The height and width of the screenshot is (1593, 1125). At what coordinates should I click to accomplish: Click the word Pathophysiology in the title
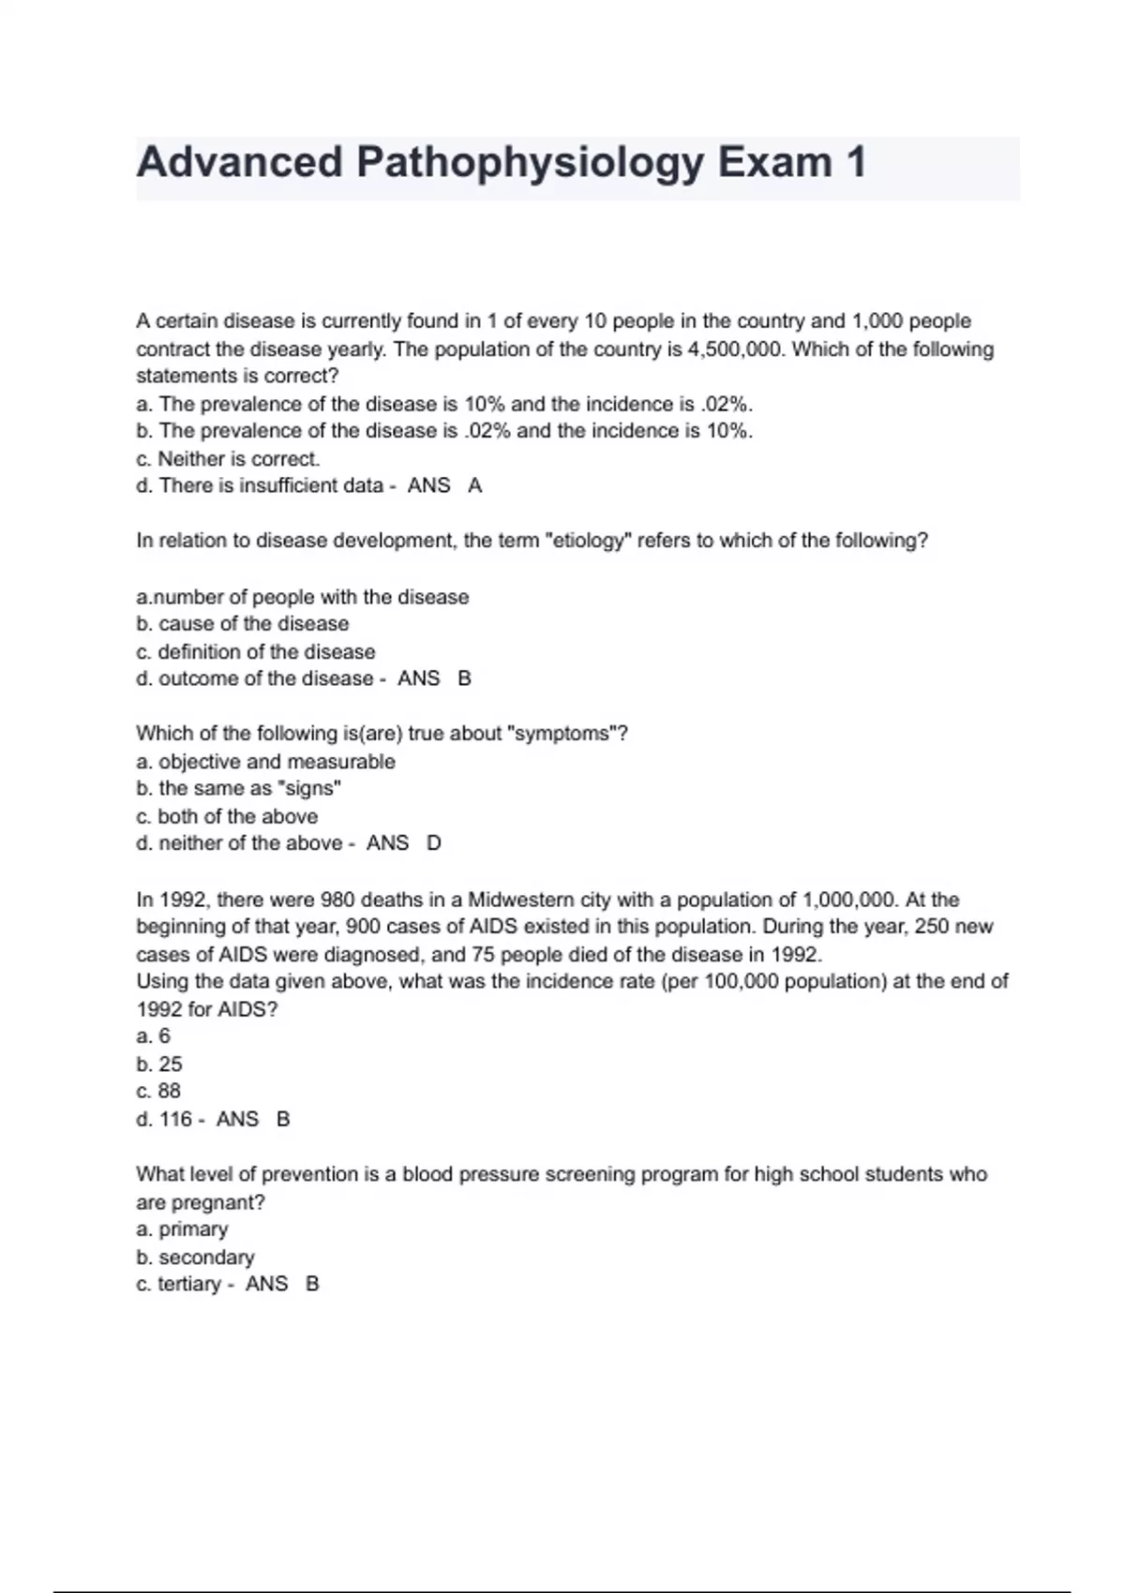click(x=529, y=163)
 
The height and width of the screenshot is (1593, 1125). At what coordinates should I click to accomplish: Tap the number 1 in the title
click(x=854, y=163)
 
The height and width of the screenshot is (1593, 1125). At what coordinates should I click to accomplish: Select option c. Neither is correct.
click(x=228, y=459)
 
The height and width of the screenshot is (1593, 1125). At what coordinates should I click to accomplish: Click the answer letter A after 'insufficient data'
click(x=474, y=485)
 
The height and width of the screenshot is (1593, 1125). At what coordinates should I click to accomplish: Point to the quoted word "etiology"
click(x=589, y=541)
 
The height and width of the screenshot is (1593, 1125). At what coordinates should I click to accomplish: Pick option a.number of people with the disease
click(x=302, y=597)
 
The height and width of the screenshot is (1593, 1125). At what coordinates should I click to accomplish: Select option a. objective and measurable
click(x=265, y=762)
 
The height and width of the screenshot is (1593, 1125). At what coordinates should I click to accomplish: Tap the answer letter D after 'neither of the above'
click(x=433, y=843)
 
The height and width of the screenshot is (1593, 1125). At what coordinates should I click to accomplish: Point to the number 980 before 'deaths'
click(x=337, y=901)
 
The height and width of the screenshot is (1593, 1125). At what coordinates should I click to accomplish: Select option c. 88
click(x=158, y=1092)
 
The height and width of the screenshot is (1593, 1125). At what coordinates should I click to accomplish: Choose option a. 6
click(x=154, y=1036)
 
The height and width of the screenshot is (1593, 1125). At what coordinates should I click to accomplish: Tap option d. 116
click(x=164, y=1120)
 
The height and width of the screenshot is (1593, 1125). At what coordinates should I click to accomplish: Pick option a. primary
click(x=182, y=1229)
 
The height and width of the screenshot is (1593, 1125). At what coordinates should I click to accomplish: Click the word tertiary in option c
click(x=188, y=1285)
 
